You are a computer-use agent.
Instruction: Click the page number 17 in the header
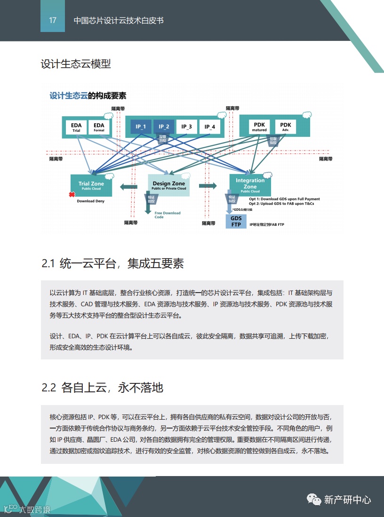53,20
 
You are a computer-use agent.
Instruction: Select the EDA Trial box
76,127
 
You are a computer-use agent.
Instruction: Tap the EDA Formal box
99,127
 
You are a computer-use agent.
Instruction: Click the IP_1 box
141,127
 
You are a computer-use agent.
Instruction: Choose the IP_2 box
164,127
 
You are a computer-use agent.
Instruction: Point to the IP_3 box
186,127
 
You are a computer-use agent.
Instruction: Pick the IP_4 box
210,127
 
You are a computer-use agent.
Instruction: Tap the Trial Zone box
91,186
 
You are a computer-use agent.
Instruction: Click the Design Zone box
168,185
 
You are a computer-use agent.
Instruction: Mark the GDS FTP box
236,222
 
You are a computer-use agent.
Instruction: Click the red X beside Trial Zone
72,194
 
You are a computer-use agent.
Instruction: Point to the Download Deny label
91,201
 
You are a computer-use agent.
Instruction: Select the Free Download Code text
168,215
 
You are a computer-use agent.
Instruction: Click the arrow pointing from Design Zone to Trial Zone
128,187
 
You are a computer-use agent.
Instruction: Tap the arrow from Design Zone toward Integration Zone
207,186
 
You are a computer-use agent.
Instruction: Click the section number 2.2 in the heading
49,388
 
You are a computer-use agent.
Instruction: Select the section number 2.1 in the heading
48,263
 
